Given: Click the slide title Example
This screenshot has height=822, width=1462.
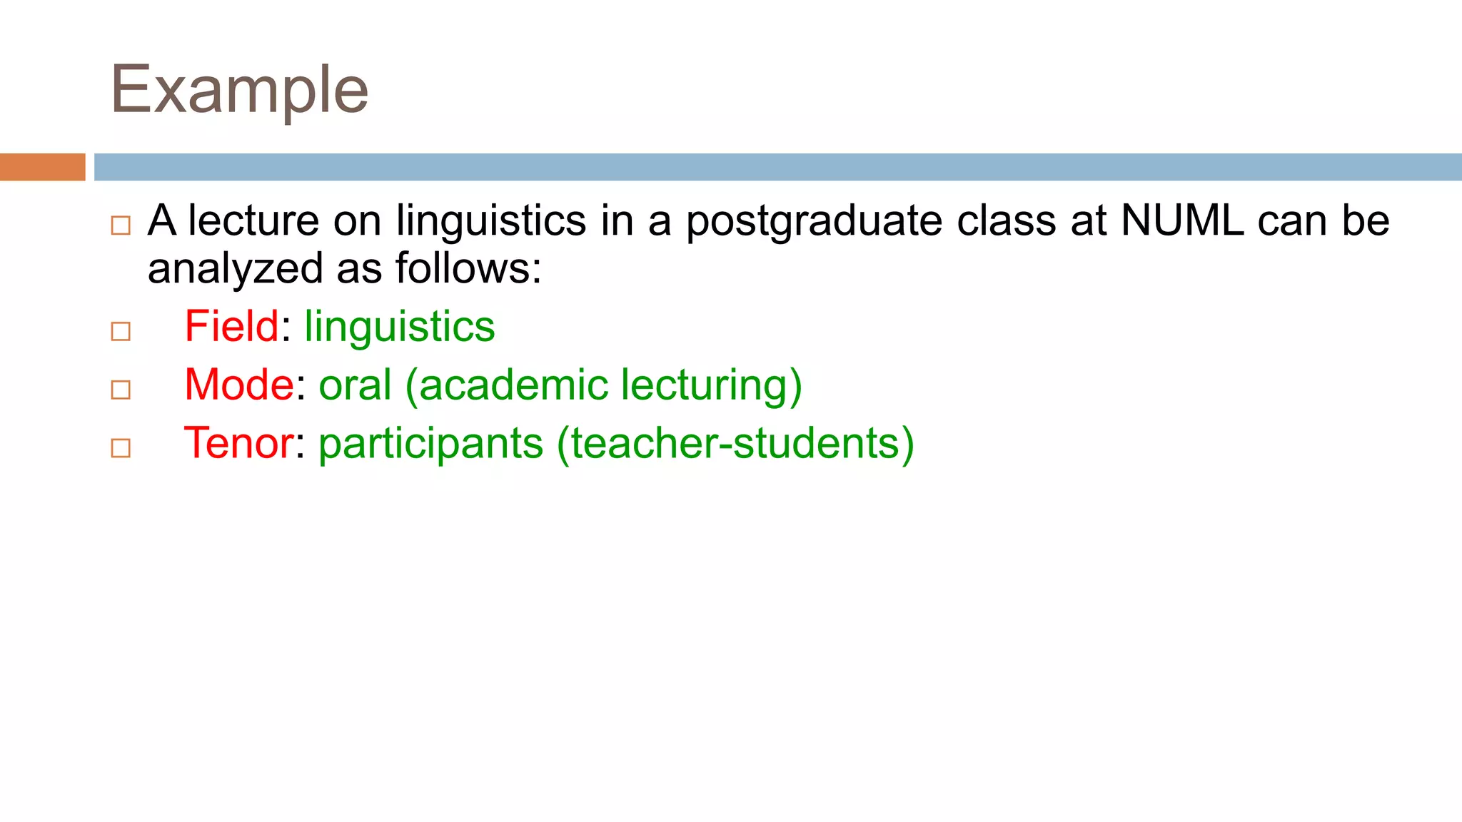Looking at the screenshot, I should [x=240, y=91].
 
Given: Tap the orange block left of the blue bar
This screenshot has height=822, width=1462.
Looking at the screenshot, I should [x=42, y=167].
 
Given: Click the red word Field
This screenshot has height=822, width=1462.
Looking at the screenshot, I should [x=231, y=326].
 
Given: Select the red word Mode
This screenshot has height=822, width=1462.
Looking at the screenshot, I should [x=238, y=385].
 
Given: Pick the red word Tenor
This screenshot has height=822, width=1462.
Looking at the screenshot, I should [x=238, y=443].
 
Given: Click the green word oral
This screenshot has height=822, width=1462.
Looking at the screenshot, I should [x=355, y=385].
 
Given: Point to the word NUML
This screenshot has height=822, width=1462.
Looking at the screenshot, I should [x=1182, y=220].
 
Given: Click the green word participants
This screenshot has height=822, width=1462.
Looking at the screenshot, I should [x=430, y=445].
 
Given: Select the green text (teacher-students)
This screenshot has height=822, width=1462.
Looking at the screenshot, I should [x=735, y=443].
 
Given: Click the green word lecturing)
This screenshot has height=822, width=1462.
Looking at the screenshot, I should [x=711, y=386].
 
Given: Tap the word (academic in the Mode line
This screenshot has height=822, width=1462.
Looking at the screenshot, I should [x=506, y=386].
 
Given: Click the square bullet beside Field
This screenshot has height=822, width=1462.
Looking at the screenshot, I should [x=121, y=331].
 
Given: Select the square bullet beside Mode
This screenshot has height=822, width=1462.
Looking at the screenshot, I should [x=121, y=390].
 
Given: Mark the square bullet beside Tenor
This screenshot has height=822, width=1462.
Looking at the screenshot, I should [x=121, y=448].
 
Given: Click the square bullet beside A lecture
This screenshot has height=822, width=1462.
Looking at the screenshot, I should [x=121, y=225].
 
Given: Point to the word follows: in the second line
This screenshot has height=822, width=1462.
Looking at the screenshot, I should [x=468, y=268].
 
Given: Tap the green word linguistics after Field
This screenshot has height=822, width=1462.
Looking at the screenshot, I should [x=399, y=328].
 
